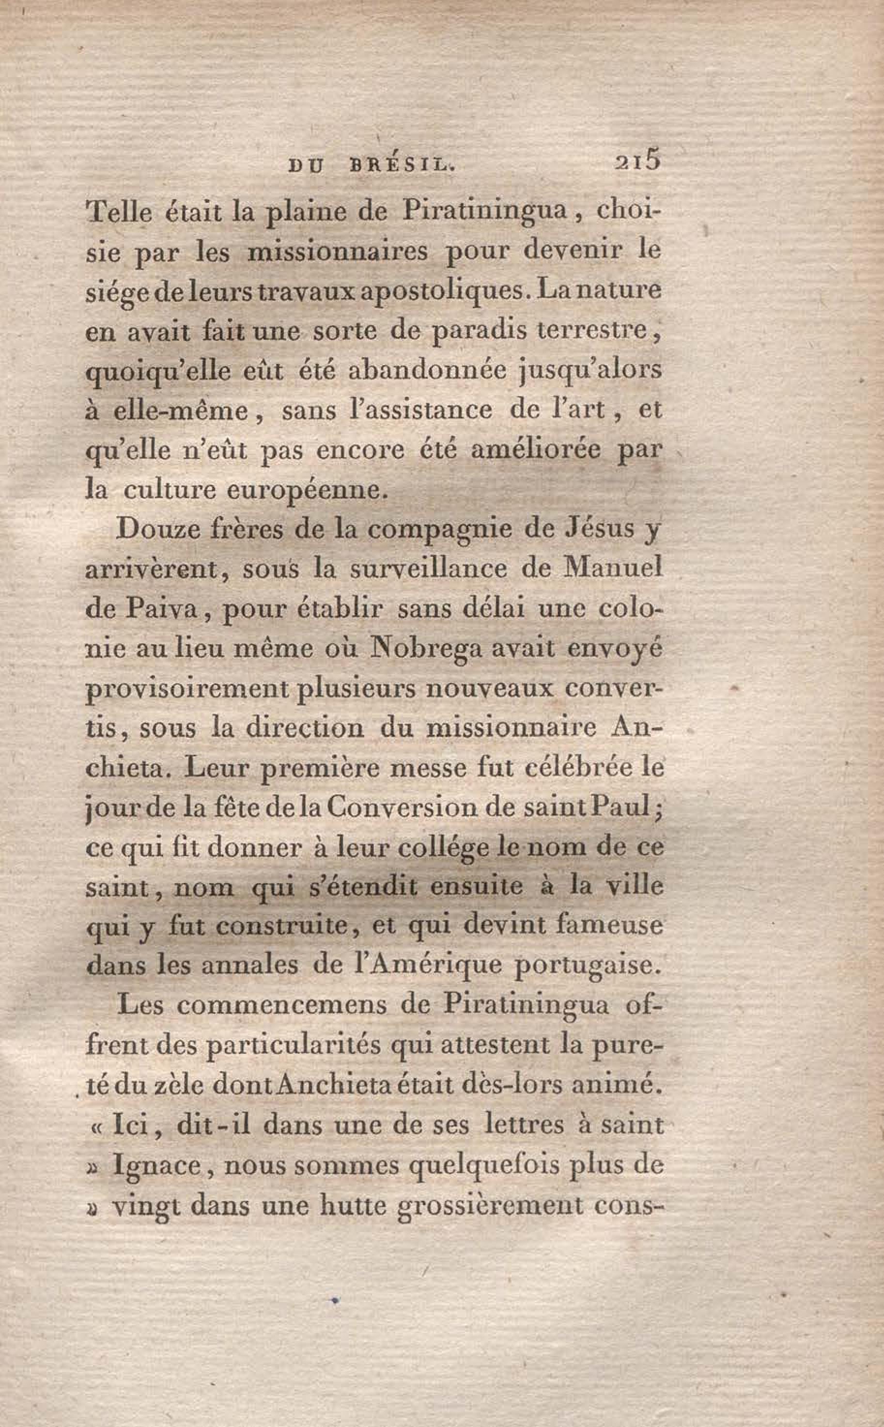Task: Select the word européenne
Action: (307, 491)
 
